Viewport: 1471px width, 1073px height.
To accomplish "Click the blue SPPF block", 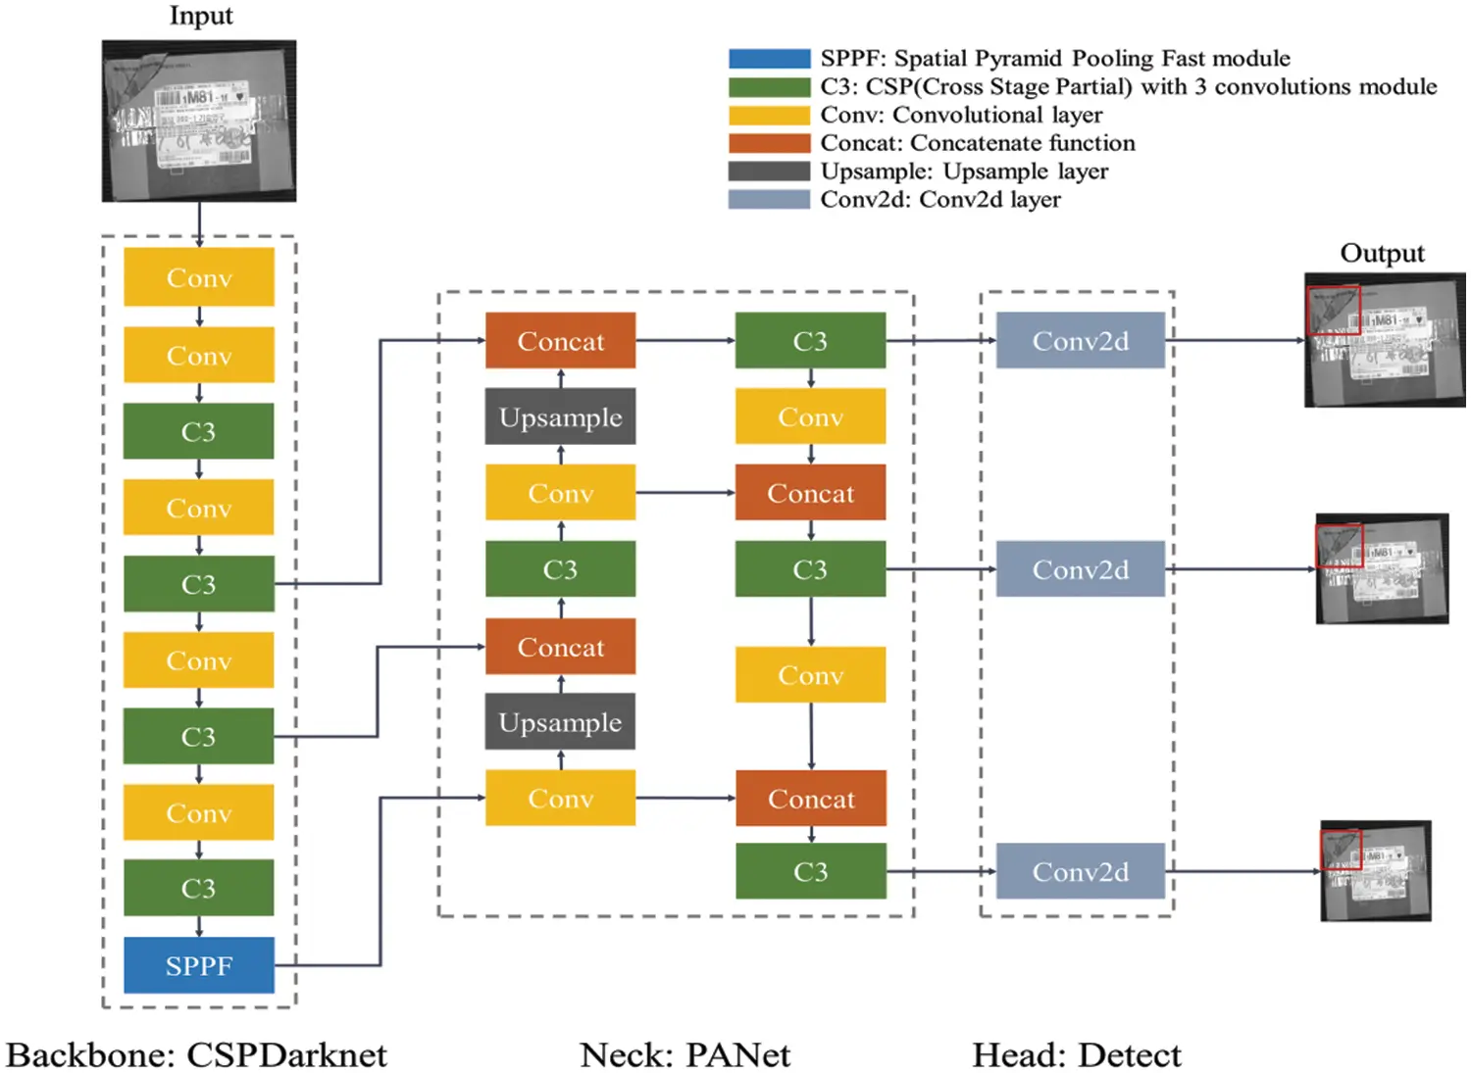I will point(198,965).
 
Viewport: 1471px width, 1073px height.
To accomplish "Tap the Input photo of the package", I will point(199,121).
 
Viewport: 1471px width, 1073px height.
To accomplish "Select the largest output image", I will point(1385,340).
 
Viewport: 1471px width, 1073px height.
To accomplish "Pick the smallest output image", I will point(1376,871).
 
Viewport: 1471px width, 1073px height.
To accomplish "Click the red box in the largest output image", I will point(1333,311).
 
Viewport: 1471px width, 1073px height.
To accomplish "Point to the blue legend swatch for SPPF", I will point(769,59).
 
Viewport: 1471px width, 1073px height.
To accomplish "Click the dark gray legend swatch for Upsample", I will point(769,171).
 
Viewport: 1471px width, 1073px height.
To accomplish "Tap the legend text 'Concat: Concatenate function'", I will point(978,143).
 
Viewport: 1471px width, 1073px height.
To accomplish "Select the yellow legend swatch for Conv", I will point(769,116).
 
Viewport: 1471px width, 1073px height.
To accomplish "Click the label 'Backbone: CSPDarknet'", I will point(196,1055).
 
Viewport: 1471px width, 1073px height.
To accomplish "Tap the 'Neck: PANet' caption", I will point(685,1055).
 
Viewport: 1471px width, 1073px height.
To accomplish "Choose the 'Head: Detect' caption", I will point(1076,1055).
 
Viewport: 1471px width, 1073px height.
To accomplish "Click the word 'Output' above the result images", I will point(1382,253).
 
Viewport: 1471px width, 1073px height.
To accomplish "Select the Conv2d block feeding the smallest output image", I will point(1080,871).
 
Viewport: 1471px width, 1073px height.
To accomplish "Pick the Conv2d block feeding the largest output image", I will point(1080,340).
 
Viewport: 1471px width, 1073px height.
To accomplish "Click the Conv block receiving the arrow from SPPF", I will point(560,798).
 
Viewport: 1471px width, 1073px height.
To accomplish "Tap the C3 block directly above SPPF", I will point(198,888).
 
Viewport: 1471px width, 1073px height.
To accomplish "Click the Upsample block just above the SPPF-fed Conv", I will point(560,722).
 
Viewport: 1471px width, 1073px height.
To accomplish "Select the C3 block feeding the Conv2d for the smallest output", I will point(810,871).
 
